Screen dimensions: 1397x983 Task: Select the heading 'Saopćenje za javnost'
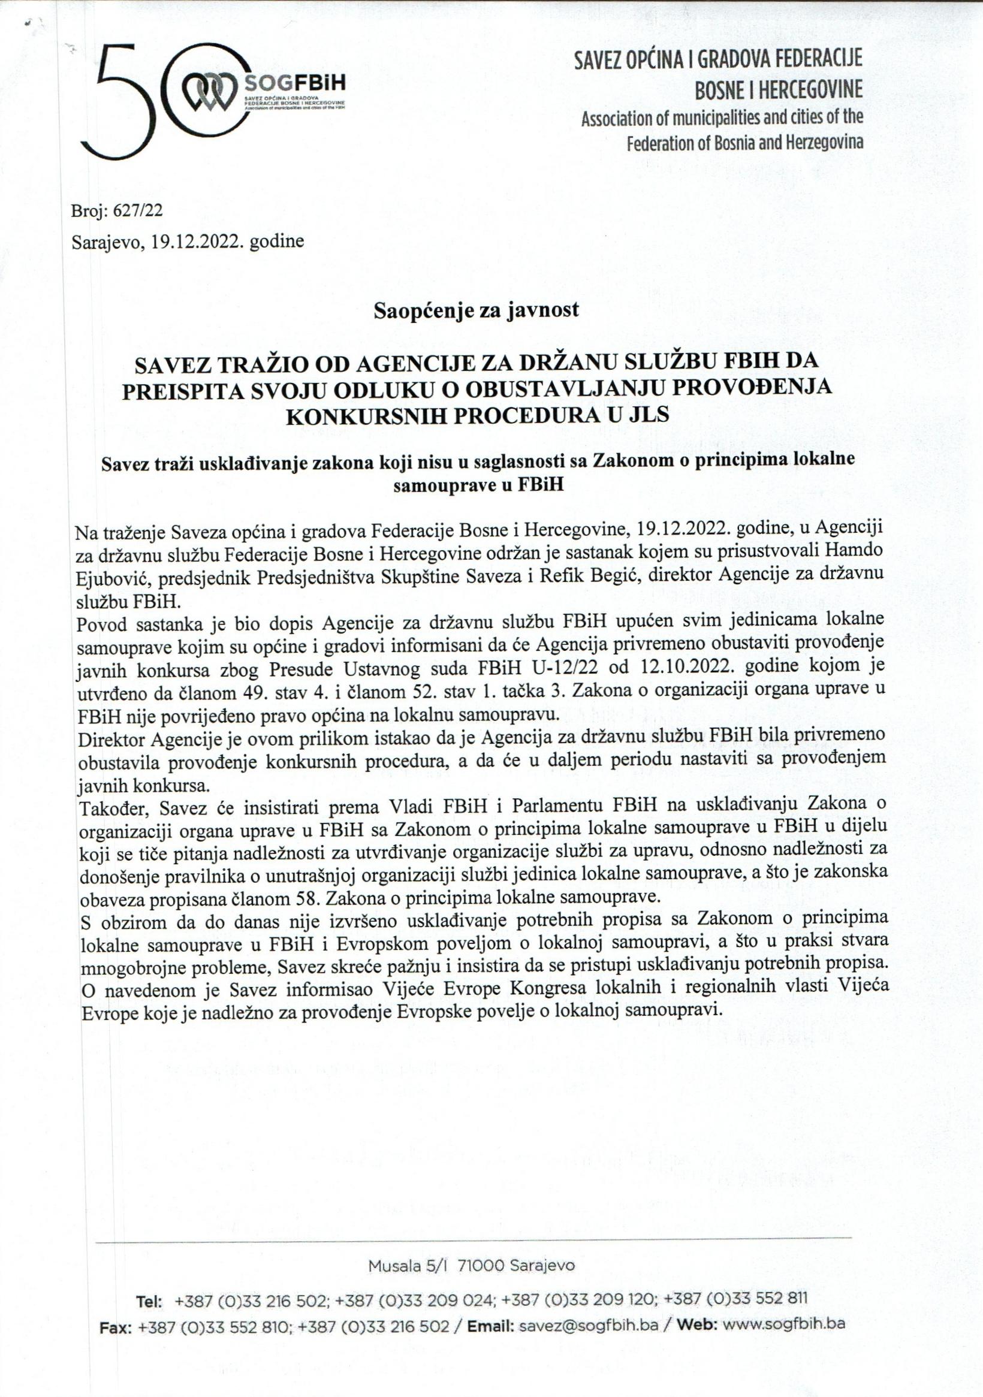click(x=476, y=310)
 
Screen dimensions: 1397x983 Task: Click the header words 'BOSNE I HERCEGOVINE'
click(x=779, y=90)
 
